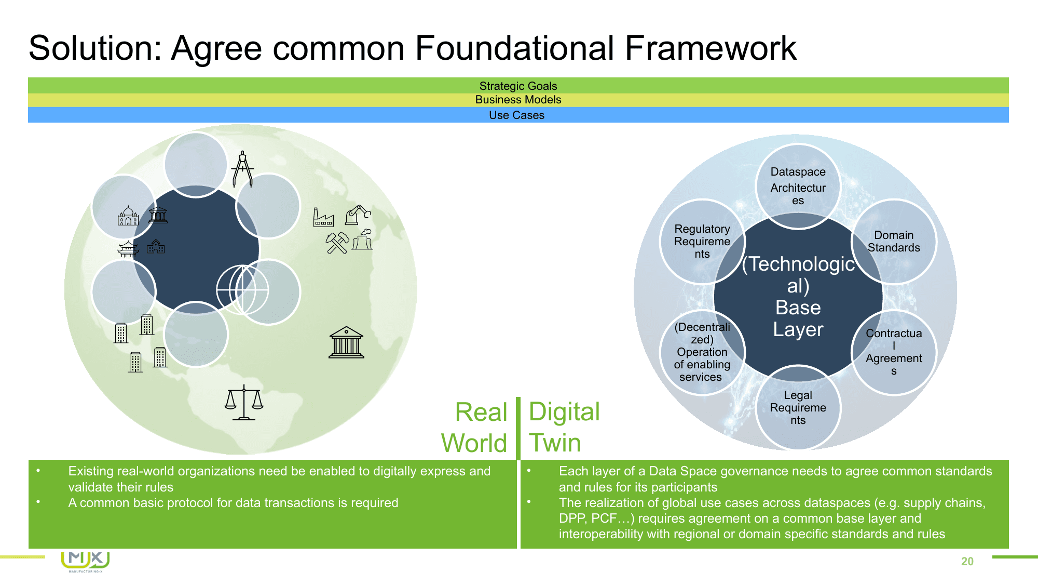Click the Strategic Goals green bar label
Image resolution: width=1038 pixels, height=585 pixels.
point(518,86)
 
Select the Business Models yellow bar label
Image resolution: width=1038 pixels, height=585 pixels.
point(518,100)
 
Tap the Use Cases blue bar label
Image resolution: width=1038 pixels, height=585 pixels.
point(516,115)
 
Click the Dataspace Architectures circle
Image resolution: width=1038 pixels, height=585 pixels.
point(798,185)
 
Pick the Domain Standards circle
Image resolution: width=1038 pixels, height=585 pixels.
point(894,242)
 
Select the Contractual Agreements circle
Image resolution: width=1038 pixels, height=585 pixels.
point(894,352)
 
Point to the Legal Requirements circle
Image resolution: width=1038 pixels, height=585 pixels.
point(798,407)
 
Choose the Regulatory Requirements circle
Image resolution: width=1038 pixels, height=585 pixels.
point(702,241)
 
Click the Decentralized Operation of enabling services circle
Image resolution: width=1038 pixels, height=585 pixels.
point(702,352)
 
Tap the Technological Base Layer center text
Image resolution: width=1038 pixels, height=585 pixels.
point(798,297)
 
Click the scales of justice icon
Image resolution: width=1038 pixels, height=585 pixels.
point(244,402)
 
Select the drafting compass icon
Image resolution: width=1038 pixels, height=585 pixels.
point(242,169)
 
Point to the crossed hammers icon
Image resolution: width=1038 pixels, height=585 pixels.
point(337,243)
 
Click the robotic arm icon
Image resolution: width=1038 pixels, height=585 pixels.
point(358,214)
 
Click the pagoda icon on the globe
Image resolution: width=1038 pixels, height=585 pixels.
point(128,249)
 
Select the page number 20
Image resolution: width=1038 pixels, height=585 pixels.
point(967,561)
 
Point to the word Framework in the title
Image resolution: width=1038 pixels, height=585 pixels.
point(710,48)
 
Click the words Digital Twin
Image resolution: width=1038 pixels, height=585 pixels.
point(564,427)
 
